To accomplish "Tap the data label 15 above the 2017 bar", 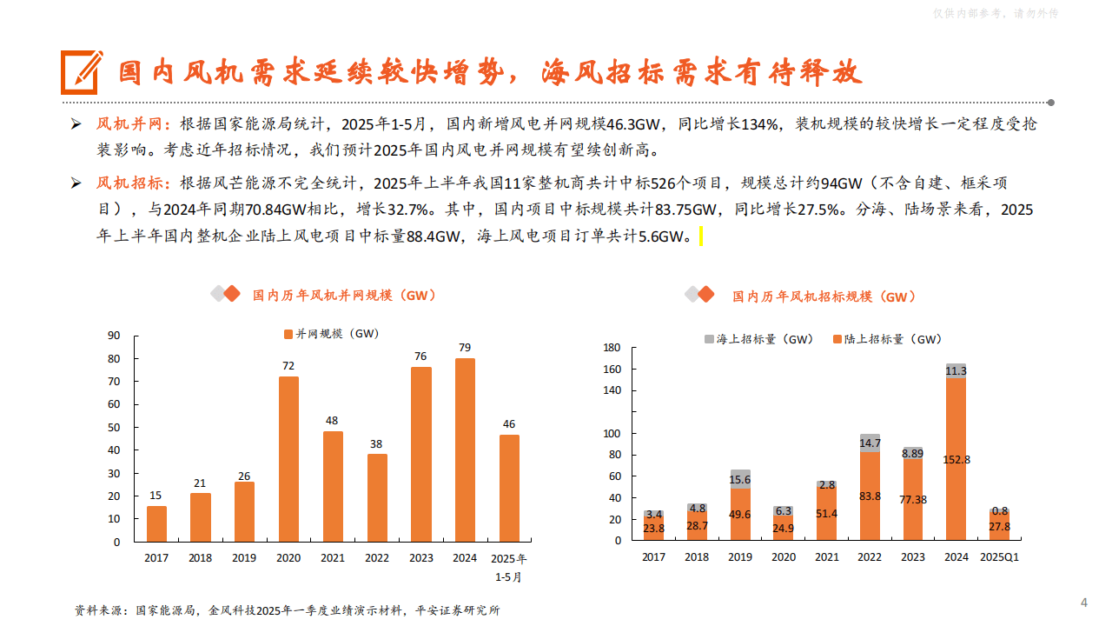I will pyautogui.click(x=156, y=496).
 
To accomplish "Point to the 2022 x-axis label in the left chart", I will pyautogui.click(x=377, y=558).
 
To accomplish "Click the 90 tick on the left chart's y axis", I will pyautogui.click(x=114, y=336).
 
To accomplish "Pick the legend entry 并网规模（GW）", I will pyautogui.click(x=331, y=333).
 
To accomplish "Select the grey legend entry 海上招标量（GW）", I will pyautogui.click(x=758, y=339).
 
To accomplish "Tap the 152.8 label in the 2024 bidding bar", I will pyautogui.click(x=956, y=460).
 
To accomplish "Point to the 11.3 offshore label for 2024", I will pyautogui.click(x=956, y=371).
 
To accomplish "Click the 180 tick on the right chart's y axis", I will pyautogui.click(x=611, y=348).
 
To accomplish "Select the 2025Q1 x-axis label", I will pyautogui.click(x=999, y=557).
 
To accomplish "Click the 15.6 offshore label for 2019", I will pyautogui.click(x=740, y=480).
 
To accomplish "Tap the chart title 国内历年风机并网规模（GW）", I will pyautogui.click(x=343, y=296).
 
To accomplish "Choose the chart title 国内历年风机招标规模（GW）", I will pyautogui.click(x=824, y=296).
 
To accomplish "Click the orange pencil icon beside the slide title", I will pyautogui.click(x=81, y=72).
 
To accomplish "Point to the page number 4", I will pyautogui.click(x=1083, y=603).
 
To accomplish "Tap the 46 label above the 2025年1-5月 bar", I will pyautogui.click(x=509, y=424).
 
